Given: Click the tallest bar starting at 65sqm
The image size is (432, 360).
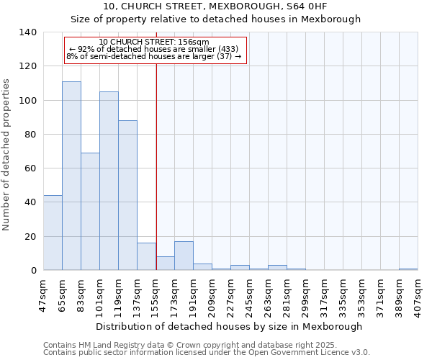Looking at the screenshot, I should [71, 176].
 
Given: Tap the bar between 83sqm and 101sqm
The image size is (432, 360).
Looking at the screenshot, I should [90, 212].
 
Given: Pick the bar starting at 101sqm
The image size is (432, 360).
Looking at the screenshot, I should [109, 181].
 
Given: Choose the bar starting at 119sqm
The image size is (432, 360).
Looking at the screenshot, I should [127, 195].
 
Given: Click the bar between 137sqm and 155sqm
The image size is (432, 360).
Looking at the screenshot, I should [146, 256].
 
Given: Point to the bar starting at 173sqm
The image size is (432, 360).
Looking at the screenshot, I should [184, 256].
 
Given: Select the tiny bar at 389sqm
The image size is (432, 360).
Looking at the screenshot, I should [408, 269].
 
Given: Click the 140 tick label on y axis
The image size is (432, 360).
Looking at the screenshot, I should [28, 32].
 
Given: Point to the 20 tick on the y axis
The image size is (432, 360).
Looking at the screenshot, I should [31, 236].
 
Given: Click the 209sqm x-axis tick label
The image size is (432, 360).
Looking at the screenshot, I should [212, 294].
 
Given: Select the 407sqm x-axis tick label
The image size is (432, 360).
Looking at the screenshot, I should [418, 294].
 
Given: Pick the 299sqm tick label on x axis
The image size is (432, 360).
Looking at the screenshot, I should [305, 294].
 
